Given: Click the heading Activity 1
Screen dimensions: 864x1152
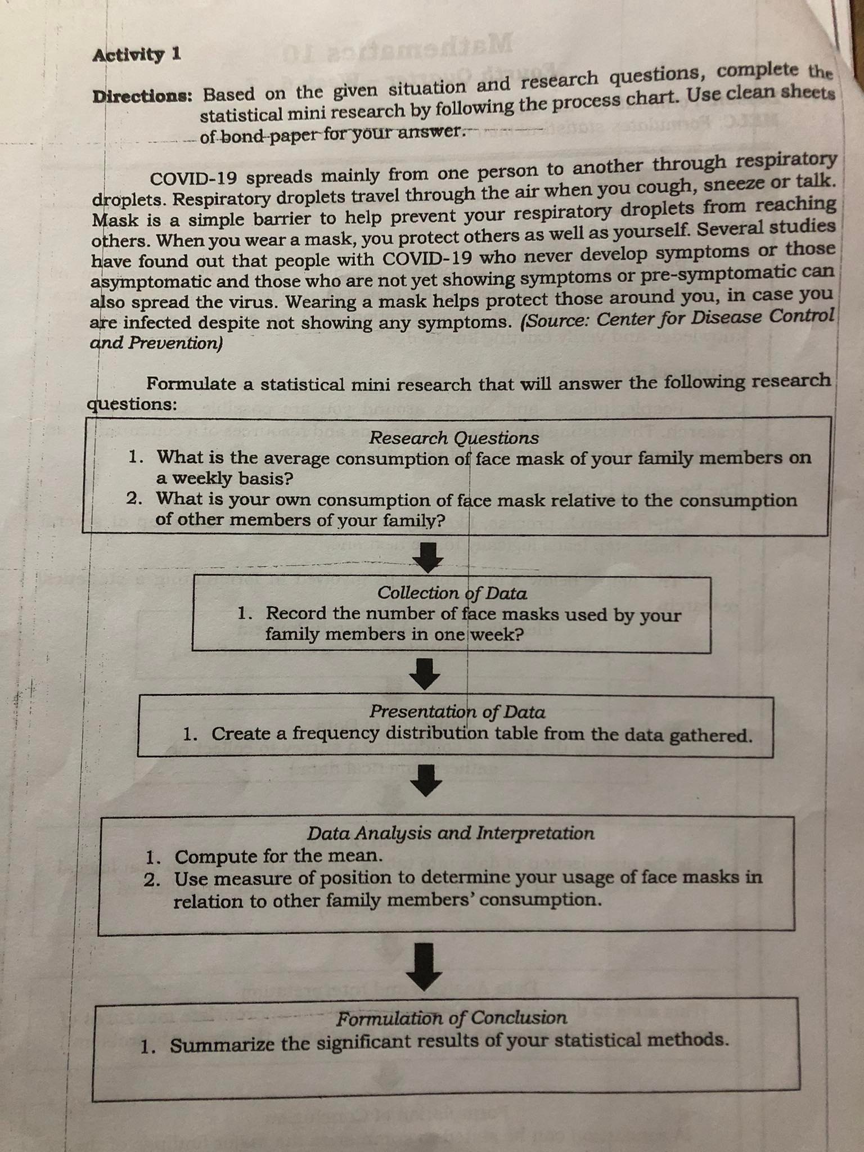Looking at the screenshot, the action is coord(137,55).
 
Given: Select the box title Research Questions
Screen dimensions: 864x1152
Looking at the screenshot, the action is coord(453,438).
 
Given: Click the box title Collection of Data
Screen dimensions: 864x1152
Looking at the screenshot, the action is coord(452,593).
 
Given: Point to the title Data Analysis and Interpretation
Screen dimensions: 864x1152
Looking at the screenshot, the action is coord(451,833).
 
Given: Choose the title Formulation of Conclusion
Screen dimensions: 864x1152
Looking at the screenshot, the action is coord(452,1018).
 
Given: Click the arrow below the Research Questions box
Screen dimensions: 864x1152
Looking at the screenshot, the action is coord(428,557).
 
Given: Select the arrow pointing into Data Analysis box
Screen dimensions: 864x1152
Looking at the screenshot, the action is coord(427,780).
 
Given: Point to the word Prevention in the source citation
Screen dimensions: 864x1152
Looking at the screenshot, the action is coord(174,343).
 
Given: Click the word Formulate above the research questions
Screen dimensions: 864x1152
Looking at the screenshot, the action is coord(191,384).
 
